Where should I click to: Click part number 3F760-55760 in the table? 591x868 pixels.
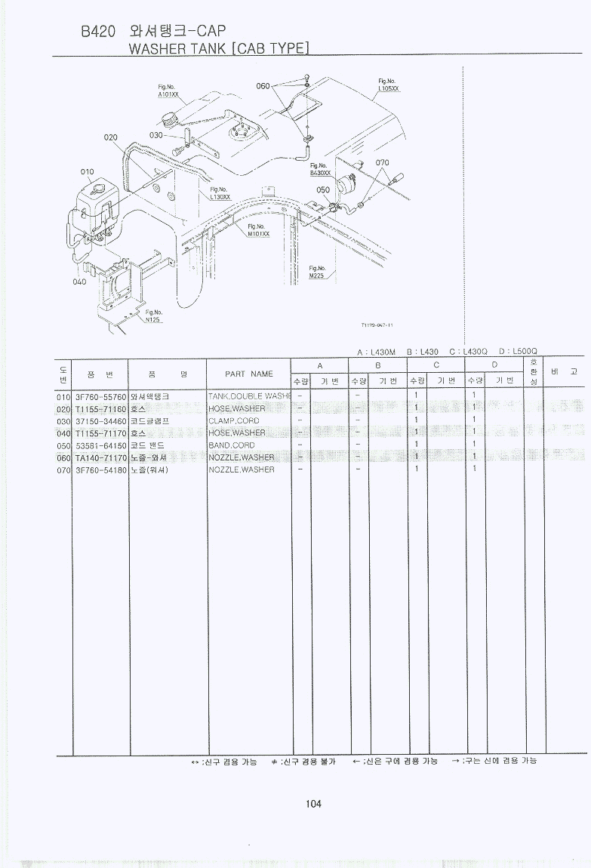(101, 396)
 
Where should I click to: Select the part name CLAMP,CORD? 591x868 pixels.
(233, 420)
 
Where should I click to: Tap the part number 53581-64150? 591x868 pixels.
(101, 445)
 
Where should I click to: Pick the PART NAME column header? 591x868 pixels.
(249, 374)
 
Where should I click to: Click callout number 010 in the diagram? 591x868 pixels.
(88, 172)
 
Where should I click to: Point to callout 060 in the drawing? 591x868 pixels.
(263, 86)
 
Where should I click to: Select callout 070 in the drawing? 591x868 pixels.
(383, 163)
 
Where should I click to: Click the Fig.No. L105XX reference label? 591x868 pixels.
(388, 85)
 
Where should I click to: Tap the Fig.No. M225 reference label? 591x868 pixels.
(317, 272)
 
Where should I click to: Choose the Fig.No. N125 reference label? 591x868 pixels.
(154, 315)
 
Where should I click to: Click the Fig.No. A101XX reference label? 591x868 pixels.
(168, 91)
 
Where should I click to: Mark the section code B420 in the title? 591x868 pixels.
(97, 32)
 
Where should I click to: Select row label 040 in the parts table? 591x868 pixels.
(63, 433)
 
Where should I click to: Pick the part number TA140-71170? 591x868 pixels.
(101, 457)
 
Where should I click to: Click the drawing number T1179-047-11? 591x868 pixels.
(377, 325)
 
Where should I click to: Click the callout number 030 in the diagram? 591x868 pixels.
(156, 135)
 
